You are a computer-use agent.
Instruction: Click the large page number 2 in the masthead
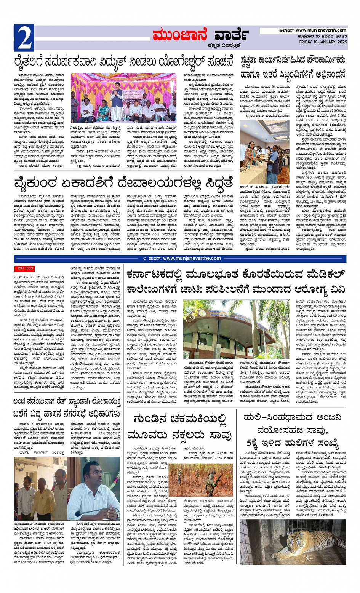coord(24,37)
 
